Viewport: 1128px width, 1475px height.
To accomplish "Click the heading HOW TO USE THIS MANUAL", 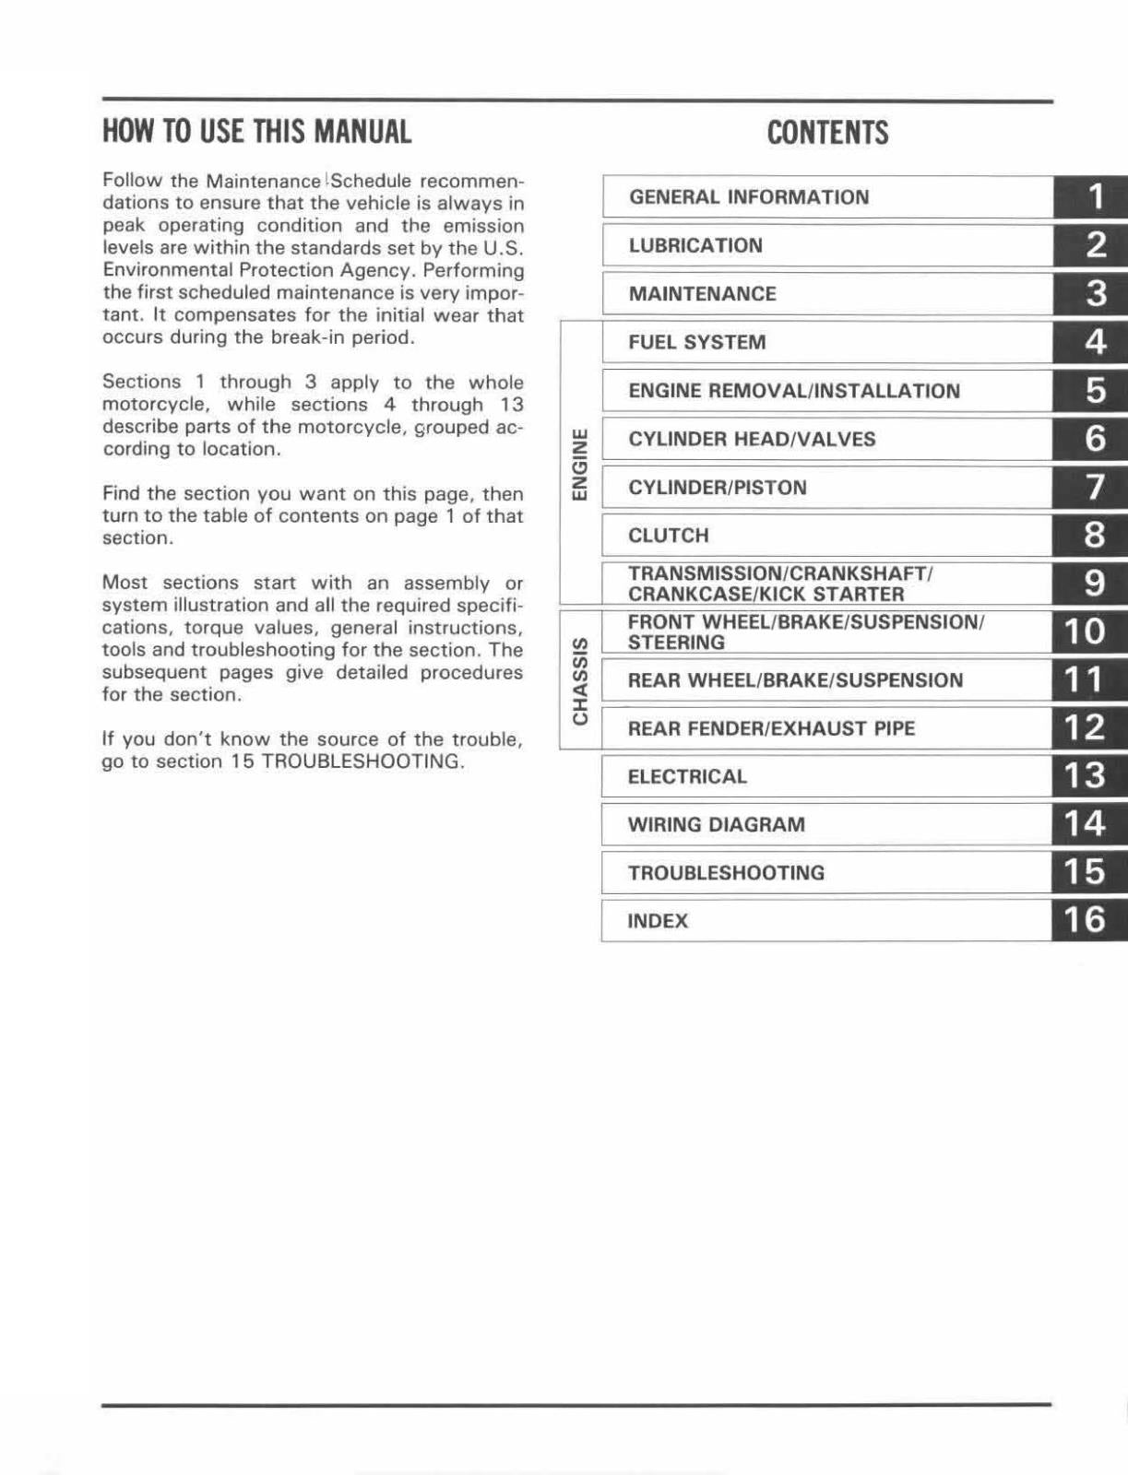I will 256,132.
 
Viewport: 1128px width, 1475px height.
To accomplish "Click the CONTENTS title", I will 827,133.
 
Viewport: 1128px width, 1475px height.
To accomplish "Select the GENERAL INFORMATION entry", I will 748,197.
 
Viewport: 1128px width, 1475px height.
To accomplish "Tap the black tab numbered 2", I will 1095,245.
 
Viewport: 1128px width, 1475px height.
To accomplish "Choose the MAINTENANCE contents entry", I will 702,294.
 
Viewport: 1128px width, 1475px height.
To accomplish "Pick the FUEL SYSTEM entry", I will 696,343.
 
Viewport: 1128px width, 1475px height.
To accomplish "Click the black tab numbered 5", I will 1095,391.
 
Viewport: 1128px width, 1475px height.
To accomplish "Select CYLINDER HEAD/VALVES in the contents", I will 752,440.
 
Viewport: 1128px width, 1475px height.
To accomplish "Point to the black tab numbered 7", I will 1095,487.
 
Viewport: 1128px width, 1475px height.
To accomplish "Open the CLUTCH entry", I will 668,536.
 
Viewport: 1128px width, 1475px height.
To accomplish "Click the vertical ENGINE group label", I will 579,464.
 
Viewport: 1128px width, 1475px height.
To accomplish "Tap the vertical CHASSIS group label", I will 579,679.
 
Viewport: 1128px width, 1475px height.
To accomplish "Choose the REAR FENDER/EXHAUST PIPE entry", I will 771,728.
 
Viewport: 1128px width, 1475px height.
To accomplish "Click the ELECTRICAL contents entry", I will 687,776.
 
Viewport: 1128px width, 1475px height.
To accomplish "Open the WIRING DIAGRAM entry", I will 716,825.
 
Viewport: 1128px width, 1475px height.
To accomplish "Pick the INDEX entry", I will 658,921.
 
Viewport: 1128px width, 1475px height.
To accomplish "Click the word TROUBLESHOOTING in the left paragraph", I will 361,761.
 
